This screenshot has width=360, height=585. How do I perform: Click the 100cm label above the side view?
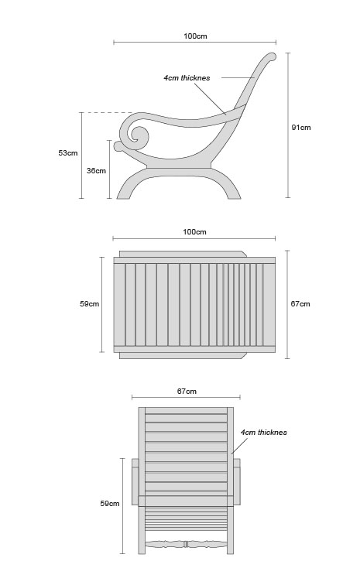point(195,36)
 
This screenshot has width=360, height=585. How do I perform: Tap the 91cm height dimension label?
point(301,128)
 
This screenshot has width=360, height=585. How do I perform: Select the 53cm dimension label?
point(68,153)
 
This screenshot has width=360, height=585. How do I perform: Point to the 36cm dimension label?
point(96,171)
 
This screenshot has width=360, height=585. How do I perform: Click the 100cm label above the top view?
point(194,232)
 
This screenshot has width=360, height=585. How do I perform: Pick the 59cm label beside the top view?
point(90,304)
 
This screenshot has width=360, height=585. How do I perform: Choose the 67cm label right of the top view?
point(300,304)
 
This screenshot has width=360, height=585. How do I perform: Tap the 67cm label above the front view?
point(187,392)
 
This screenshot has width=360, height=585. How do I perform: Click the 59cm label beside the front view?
point(110,504)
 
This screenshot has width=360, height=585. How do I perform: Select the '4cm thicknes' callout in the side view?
point(187,78)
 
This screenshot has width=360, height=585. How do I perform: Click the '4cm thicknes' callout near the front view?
point(264,433)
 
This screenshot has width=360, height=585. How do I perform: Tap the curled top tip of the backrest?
point(272,56)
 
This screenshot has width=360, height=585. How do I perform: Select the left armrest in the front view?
point(135,481)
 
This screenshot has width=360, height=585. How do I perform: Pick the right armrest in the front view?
point(237,481)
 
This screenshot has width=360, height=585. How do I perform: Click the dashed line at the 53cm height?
point(108,113)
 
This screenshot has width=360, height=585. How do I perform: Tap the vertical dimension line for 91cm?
point(288,125)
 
